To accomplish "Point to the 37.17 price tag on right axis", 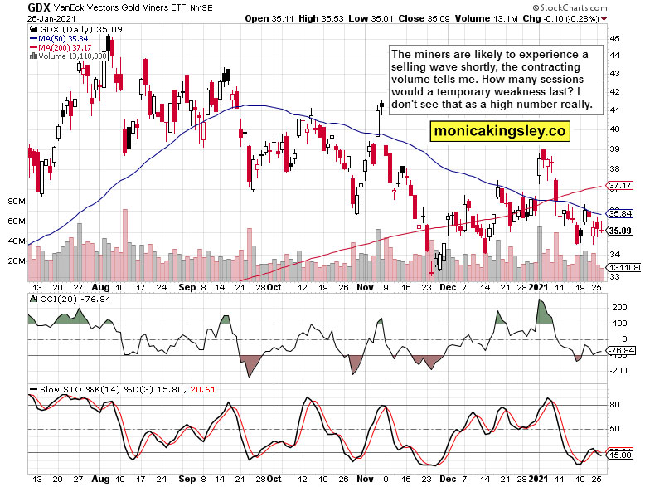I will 621,185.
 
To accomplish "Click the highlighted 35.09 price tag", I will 621,231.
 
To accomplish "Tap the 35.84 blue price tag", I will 621,212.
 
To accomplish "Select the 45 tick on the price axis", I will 614,38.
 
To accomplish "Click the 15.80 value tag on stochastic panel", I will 621,455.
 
